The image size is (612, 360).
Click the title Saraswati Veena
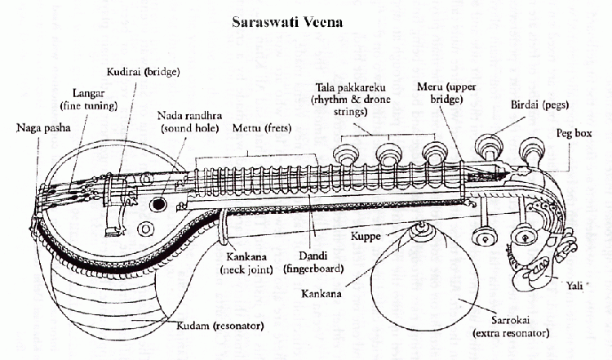287,22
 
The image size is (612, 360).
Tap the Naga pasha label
43,127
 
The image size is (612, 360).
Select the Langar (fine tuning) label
89,100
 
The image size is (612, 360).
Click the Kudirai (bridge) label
143,72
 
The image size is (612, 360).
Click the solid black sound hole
158,204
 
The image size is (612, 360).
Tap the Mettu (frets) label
262,128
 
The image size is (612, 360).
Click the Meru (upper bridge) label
446,92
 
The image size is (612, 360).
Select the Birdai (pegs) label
540,105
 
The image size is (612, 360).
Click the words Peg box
574,133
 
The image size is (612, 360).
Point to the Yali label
574,286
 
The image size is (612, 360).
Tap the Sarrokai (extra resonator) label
511,327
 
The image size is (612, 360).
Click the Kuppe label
366,236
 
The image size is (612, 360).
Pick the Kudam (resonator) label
220,325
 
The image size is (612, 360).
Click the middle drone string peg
388,154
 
